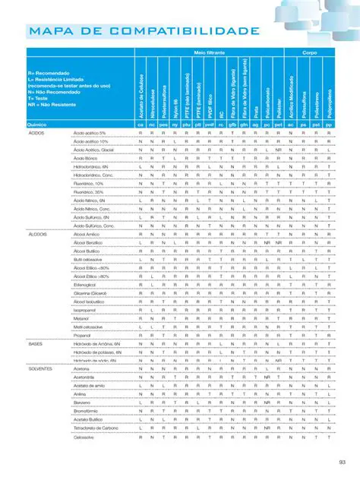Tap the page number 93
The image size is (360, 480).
342,461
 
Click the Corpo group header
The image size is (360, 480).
309,54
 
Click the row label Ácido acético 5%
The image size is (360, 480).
90,133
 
